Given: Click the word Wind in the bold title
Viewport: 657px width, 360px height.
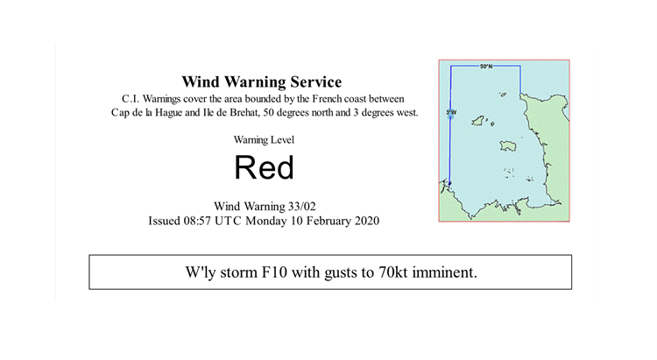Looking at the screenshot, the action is coord(201,81).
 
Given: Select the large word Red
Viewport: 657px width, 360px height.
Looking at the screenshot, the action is coord(264,167).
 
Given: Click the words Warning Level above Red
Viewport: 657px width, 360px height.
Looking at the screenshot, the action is coord(264,140).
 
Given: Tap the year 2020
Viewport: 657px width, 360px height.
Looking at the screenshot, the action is coord(367,221).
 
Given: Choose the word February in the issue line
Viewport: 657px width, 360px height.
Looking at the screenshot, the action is coord(328,221).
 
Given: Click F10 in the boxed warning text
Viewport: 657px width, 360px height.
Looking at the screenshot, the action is coord(274,272).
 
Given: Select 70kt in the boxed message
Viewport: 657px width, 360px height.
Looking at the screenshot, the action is coord(392,272).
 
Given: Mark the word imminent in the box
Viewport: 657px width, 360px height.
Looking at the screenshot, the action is coord(444,272).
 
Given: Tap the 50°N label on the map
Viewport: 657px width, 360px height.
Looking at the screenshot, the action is coord(486,67).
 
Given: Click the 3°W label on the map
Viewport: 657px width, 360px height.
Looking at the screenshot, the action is coord(451,112).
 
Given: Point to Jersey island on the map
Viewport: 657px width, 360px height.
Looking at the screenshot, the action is coord(508,146).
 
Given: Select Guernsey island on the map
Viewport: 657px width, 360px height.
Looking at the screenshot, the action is coord(478,121).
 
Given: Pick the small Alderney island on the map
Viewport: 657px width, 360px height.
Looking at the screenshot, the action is coord(503,95).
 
